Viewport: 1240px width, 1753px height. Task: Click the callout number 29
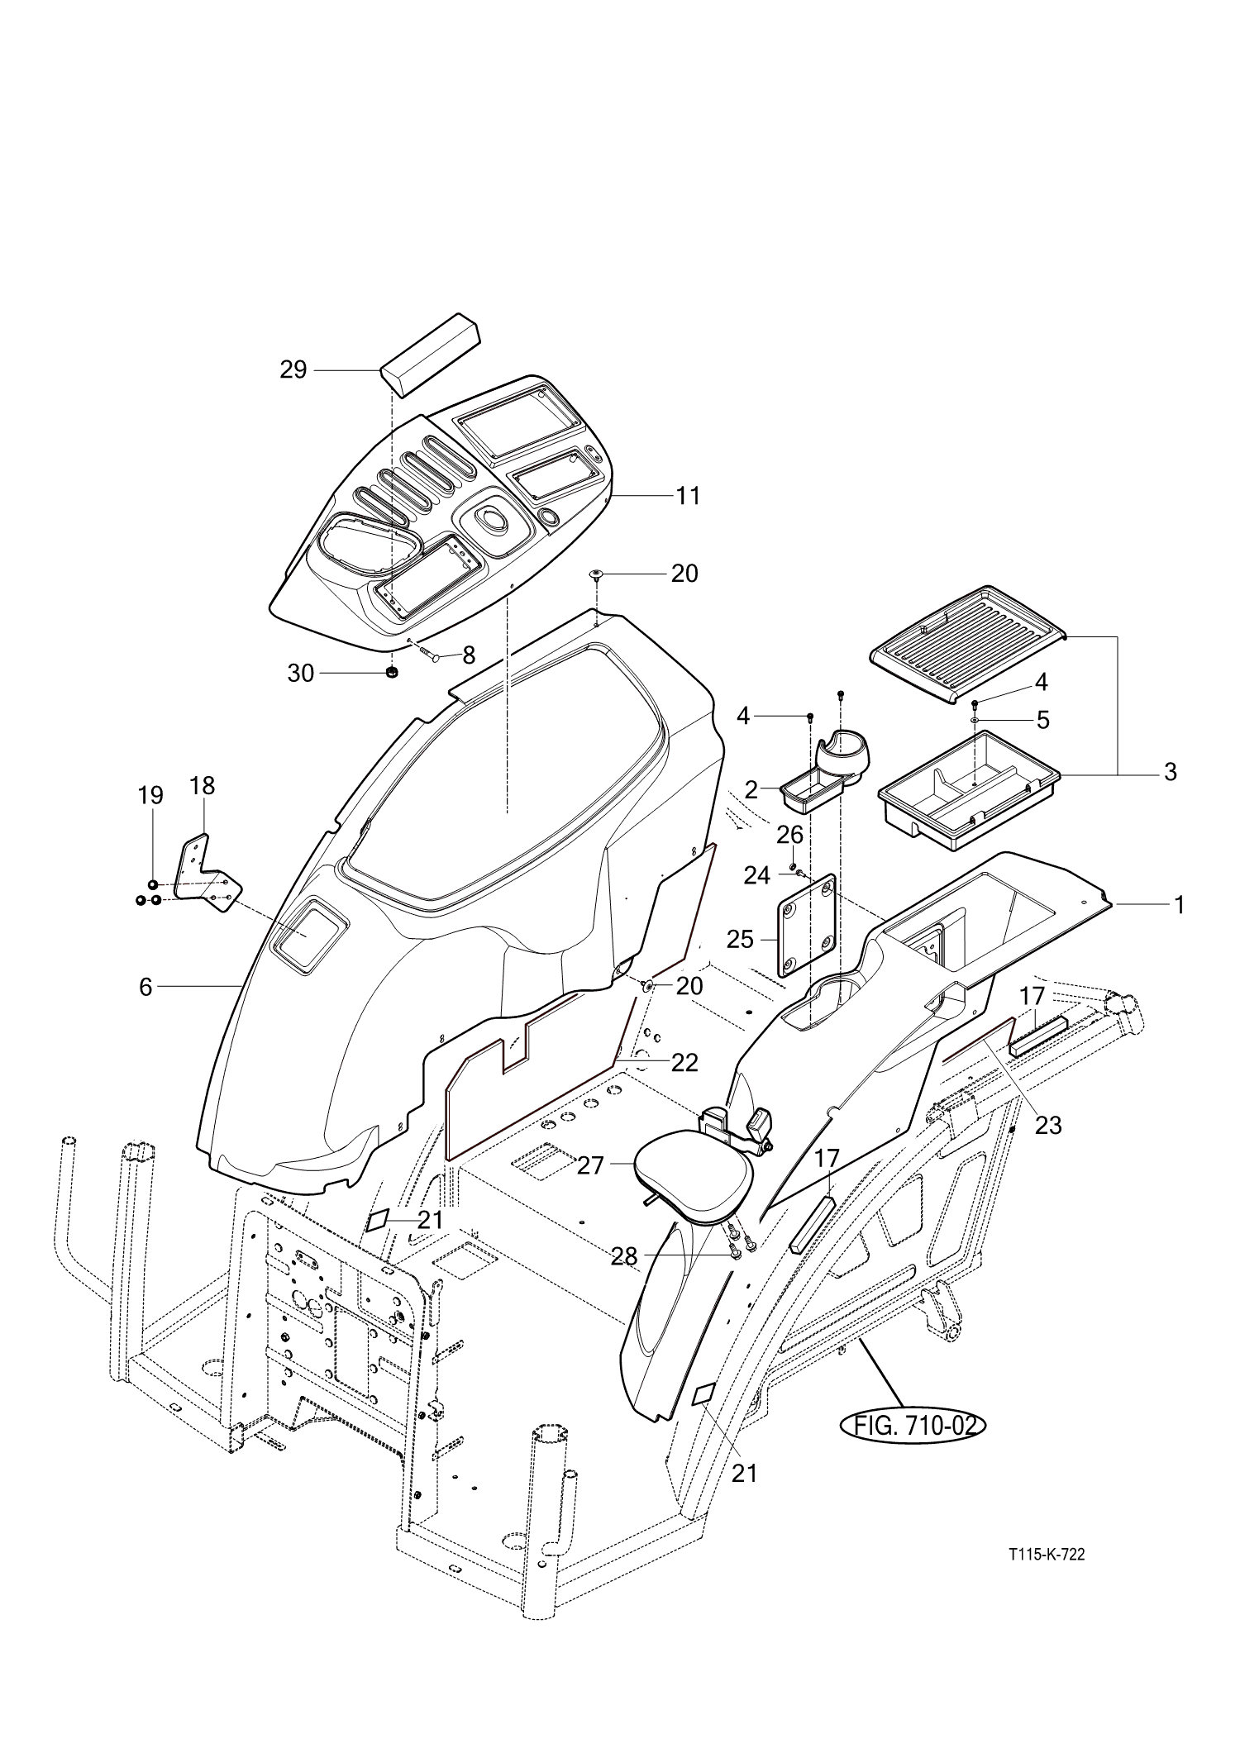pos(293,369)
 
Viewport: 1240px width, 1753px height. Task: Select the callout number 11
pos(688,496)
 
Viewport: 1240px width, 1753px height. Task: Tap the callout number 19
pos(150,795)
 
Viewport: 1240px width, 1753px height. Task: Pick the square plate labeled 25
pos(806,926)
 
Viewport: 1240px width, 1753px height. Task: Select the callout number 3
pos(1170,772)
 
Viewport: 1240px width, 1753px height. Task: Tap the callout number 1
pos(1180,905)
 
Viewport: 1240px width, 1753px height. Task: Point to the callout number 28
pos(624,1256)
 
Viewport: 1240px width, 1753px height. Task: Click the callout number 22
pos(684,1062)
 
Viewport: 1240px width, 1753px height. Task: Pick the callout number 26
pos(789,835)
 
